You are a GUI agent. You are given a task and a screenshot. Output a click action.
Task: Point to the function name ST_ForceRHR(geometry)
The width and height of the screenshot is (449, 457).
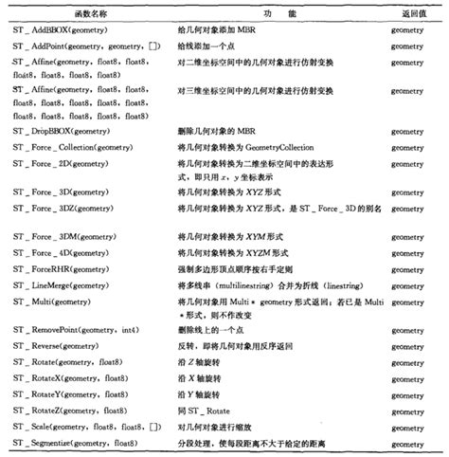63,269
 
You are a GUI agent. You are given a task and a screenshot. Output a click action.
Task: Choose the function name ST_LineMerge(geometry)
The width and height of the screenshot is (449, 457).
65,284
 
